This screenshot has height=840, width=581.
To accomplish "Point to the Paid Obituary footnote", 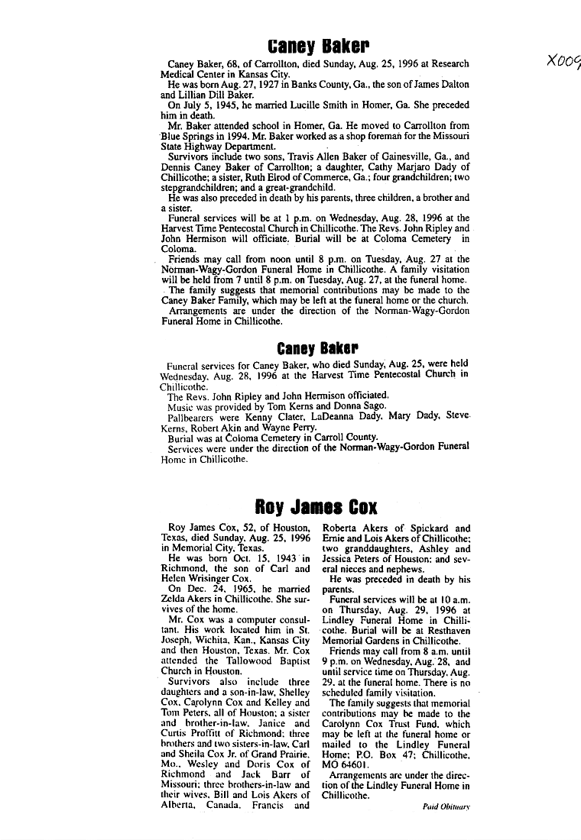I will [446, 806].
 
